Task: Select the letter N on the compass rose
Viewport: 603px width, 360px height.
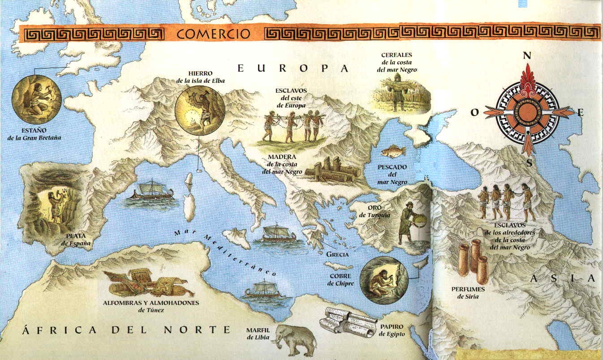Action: click(x=527, y=56)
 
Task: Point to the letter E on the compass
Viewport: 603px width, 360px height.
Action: click(x=580, y=113)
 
